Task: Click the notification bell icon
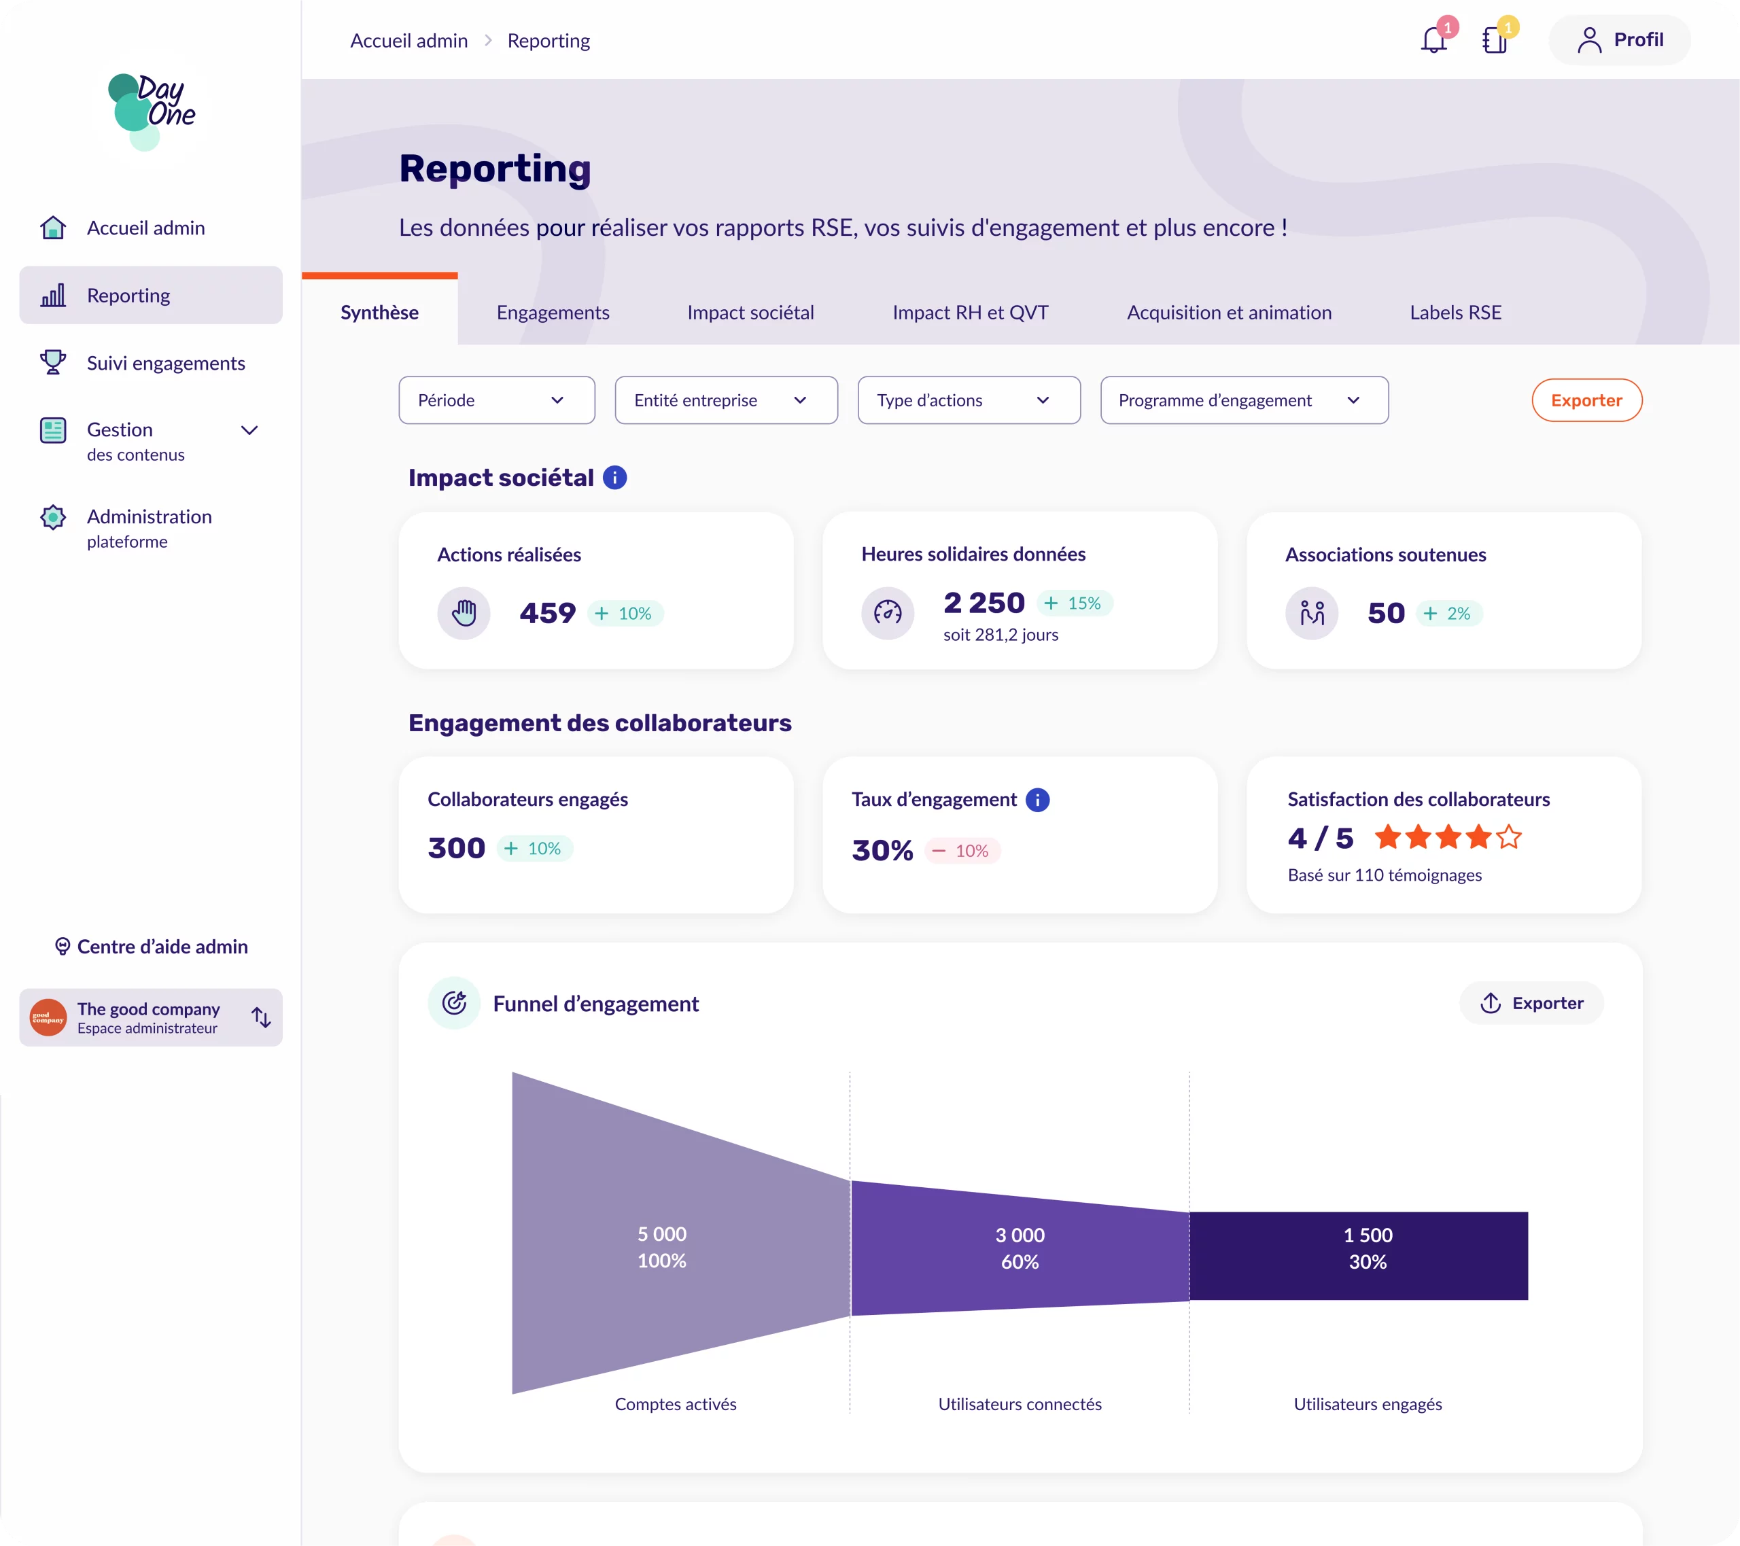1433,40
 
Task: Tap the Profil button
1619,40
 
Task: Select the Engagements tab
553,313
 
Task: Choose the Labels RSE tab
1455,313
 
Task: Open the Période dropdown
496,400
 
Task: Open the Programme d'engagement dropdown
1244,400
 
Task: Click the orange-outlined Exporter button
1586,400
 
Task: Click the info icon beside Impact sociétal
614,478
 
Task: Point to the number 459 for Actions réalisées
547,613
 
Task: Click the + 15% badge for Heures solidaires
1075,603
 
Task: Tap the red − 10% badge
962,851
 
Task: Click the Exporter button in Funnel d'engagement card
1531,1003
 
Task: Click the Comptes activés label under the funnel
675,1404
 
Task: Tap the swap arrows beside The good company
262,1017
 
